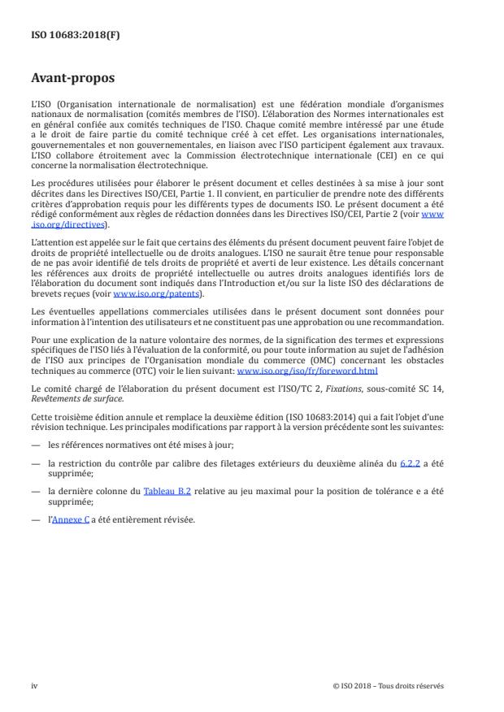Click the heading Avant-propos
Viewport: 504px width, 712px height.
[72, 80]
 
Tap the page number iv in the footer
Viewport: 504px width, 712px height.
[34, 685]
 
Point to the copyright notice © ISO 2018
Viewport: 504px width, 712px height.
[389, 685]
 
